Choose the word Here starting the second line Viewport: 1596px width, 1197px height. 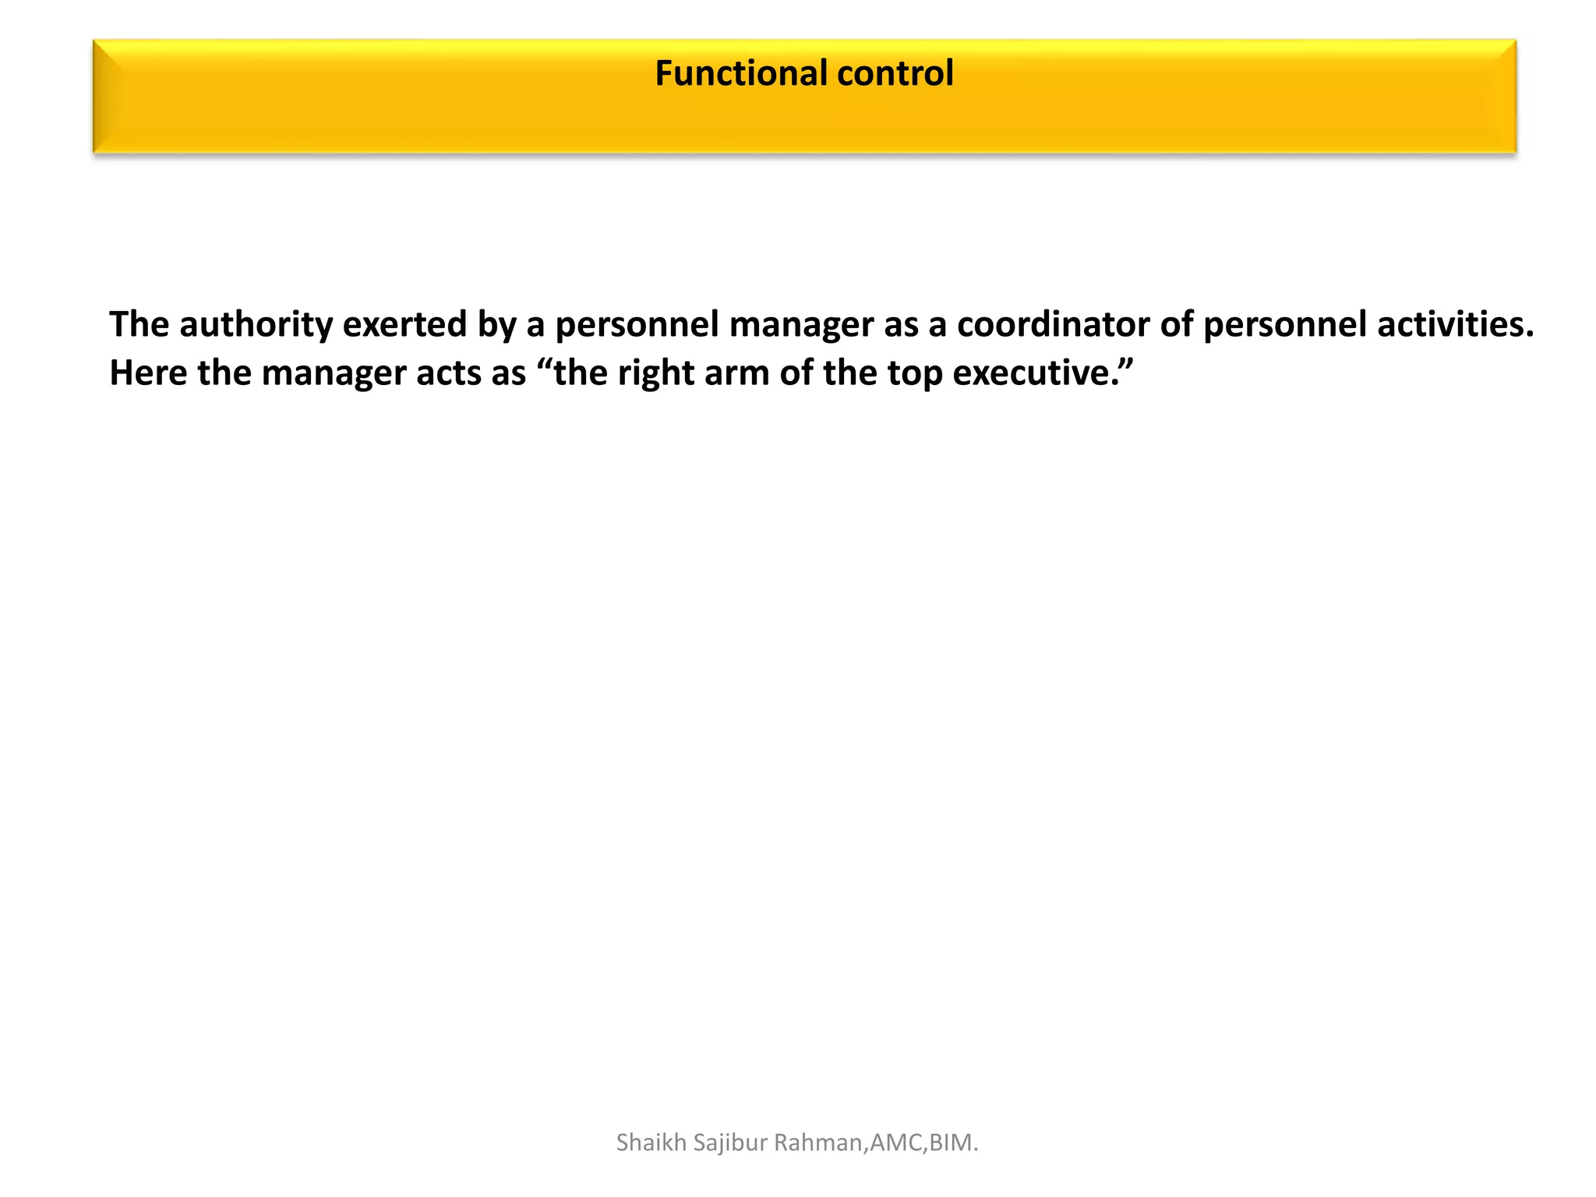click(148, 373)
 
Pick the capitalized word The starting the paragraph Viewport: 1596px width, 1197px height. click(139, 324)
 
